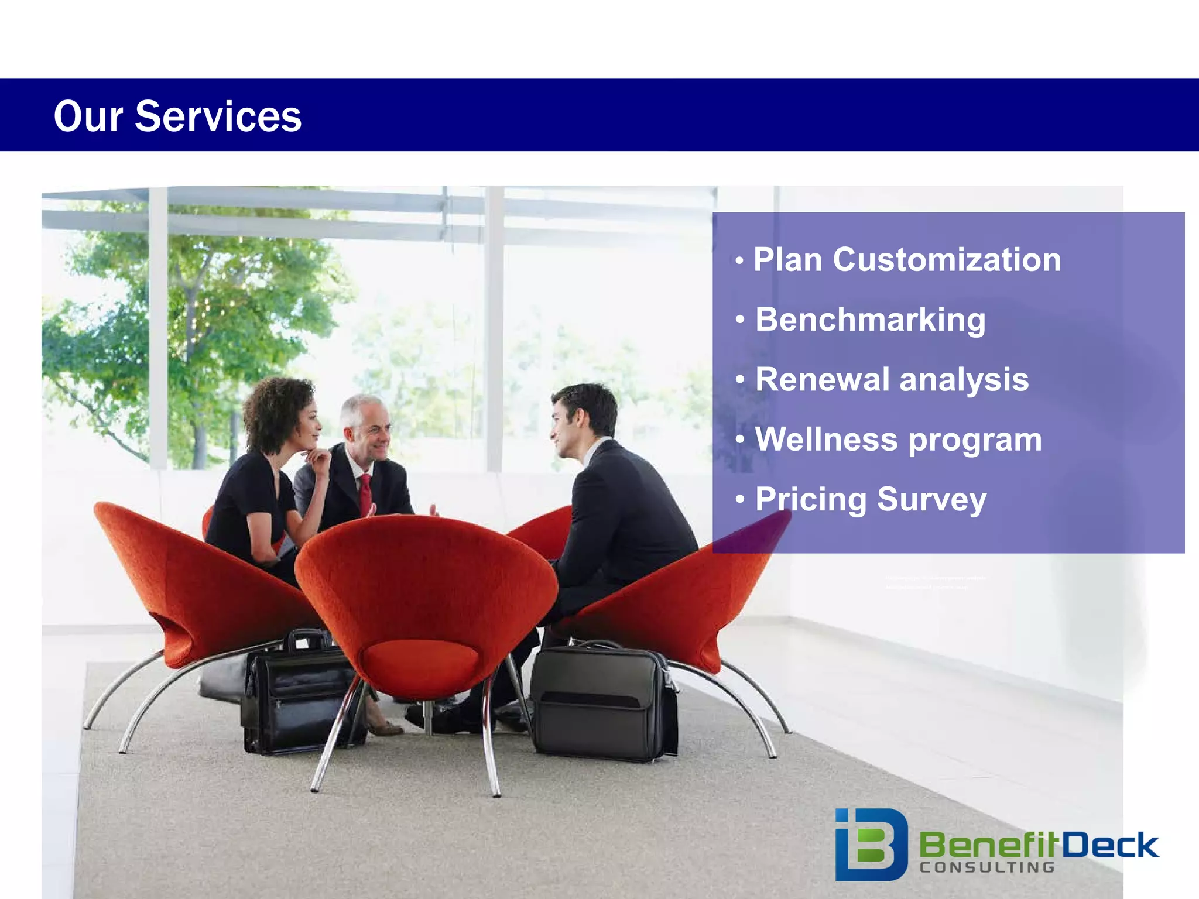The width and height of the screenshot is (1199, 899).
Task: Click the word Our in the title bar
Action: (x=88, y=116)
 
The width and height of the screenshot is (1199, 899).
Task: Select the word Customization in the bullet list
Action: (x=947, y=259)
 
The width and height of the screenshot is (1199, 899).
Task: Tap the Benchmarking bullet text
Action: (x=870, y=320)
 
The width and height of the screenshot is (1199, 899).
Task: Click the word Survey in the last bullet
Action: (x=931, y=499)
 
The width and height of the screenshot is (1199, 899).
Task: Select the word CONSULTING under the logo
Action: (x=987, y=867)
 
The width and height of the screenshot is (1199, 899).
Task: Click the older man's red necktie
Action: (x=365, y=493)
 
